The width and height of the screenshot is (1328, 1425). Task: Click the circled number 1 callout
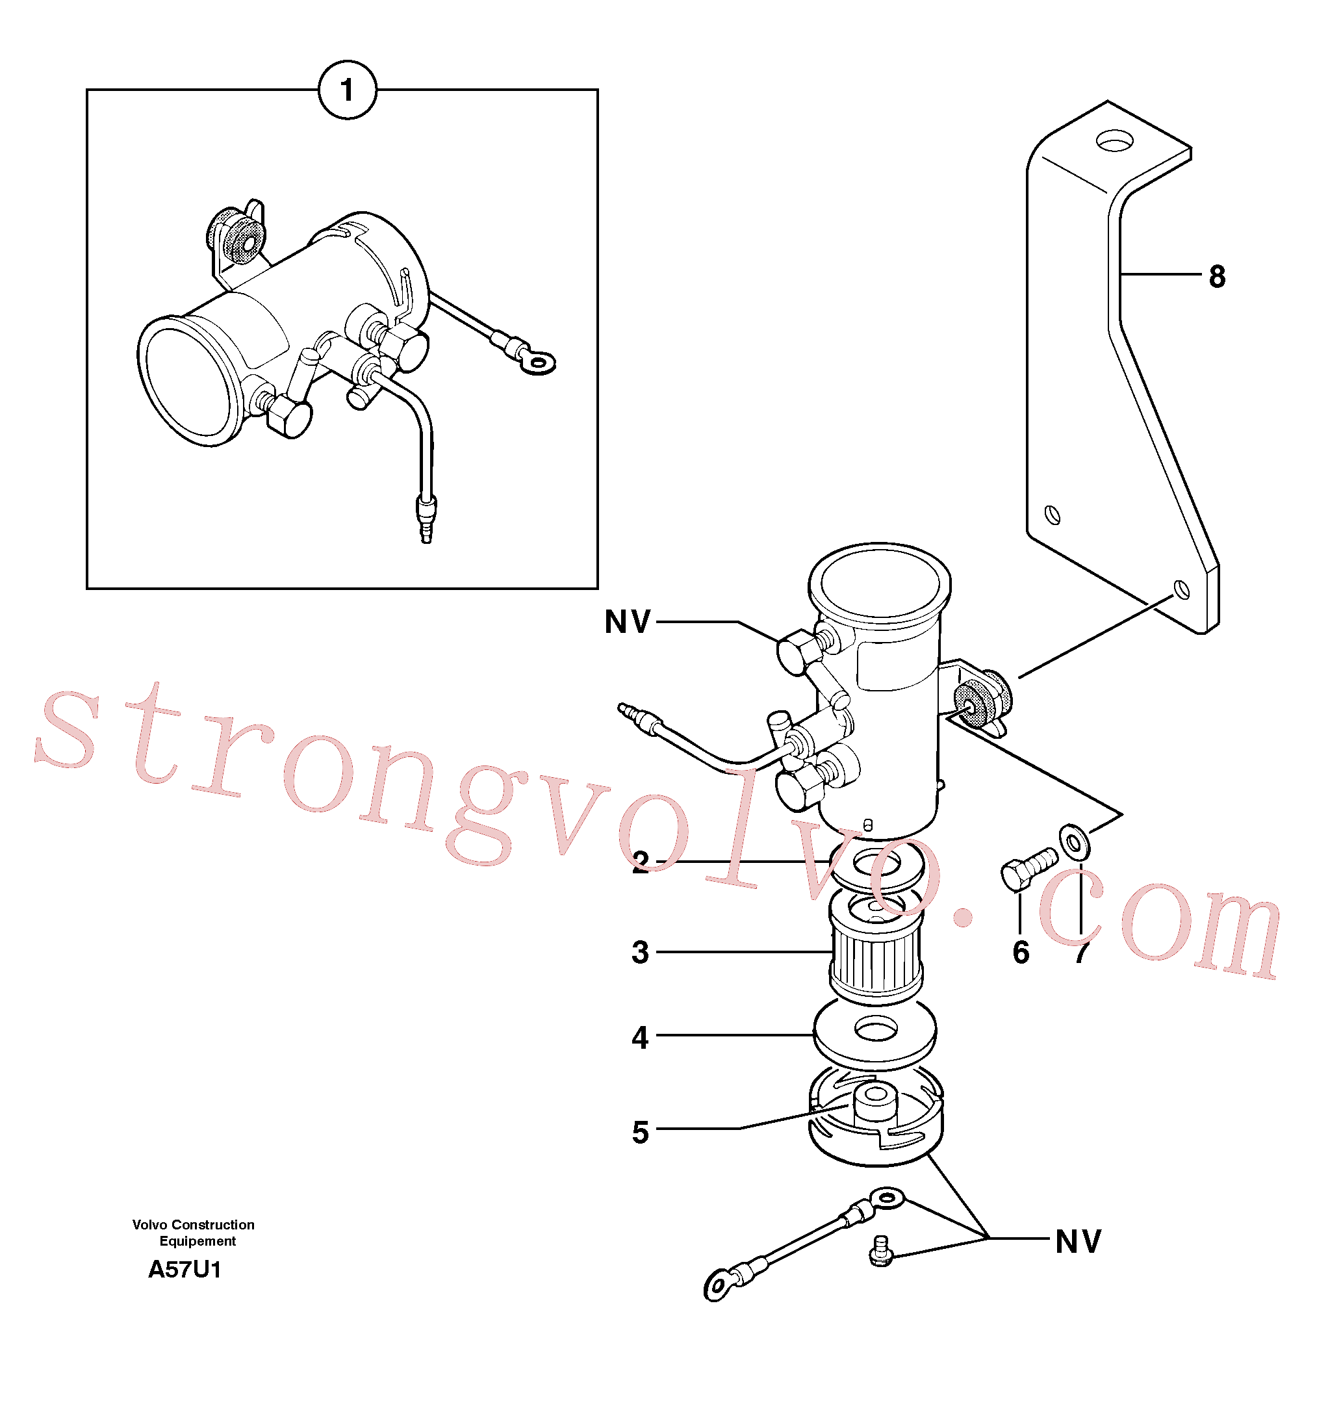coord(347,90)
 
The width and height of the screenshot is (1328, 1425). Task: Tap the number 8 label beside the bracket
coord(1217,276)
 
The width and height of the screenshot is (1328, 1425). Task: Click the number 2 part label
coord(640,862)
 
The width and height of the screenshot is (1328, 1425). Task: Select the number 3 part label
coord(640,953)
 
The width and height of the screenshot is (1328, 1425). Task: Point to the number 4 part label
coord(640,1037)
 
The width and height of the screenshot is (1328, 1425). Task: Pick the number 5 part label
coord(640,1133)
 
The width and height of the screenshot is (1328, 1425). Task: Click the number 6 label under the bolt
coord(1021,953)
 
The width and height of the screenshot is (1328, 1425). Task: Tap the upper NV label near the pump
coord(628,621)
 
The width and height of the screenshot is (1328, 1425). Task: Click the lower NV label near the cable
coord(1079,1242)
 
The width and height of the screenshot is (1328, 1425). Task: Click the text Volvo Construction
coord(194,1224)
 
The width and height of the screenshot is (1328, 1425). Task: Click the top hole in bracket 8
coord(1114,140)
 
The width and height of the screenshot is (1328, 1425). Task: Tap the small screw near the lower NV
coord(882,1251)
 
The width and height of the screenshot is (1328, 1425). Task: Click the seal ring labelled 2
coord(877,866)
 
